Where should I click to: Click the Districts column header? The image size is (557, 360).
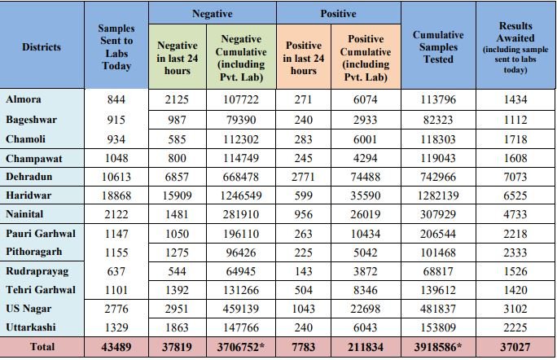42,46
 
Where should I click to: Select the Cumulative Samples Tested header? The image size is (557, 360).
438,47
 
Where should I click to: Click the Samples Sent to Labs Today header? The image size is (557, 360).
116,47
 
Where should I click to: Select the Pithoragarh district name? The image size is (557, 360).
34,252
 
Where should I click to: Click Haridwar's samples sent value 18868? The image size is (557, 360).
116,195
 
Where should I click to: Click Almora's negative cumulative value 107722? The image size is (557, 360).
241,100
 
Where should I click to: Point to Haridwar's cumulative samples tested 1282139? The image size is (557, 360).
438,195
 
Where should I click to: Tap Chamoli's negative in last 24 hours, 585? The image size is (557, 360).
177,138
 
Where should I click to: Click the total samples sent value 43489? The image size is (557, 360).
116,347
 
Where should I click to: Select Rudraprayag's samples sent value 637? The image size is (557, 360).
116,270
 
